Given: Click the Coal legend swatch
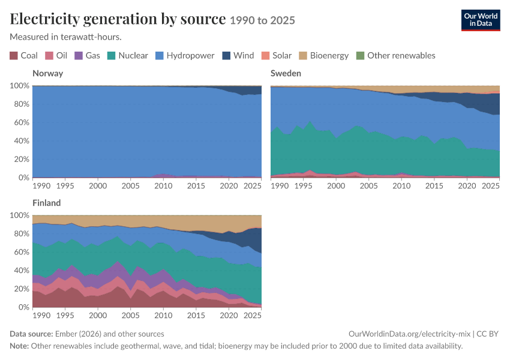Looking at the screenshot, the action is [x=14, y=56].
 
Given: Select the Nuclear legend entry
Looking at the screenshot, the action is [x=127, y=56].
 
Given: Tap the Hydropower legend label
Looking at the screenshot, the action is [x=190, y=56].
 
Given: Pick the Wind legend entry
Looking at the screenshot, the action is [x=238, y=56].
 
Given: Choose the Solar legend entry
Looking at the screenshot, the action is [x=277, y=56].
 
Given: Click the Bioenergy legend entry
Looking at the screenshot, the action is [x=324, y=56].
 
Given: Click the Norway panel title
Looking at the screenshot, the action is [x=48, y=73].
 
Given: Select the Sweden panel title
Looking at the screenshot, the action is [x=286, y=73].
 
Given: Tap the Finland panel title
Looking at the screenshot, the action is [x=47, y=203].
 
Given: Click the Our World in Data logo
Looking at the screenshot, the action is [x=481, y=20].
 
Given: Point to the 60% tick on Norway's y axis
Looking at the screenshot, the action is [x=20, y=122].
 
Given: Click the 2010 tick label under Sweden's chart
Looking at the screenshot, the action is [x=401, y=185].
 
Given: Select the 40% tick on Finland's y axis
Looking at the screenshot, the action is [x=20, y=271].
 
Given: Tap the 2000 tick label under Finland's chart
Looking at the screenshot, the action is [x=98, y=316].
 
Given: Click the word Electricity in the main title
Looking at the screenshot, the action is [x=44, y=19].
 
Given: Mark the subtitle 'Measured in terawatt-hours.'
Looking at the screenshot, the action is [x=66, y=37].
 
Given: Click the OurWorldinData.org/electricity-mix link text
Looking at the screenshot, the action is [x=409, y=334].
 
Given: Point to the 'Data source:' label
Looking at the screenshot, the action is [x=31, y=334].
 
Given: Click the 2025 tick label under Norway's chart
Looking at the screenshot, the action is [x=253, y=185].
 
